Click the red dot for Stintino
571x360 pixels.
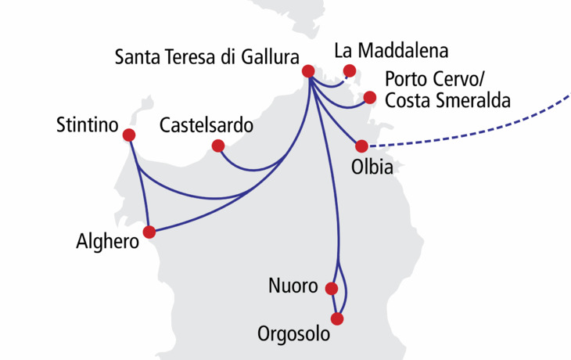click(x=129, y=135)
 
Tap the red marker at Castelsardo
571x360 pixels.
click(x=218, y=146)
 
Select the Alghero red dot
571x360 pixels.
click(x=150, y=232)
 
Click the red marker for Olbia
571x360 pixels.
click(x=361, y=146)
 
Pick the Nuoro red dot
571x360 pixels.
click(x=334, y=287)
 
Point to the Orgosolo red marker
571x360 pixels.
click(x=337, y=319)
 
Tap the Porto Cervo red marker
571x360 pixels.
click(x=370, y=98)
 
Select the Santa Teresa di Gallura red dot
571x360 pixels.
click(x=309, y=72)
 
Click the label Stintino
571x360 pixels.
click(x=87, y=125)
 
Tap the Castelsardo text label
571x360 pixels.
click(x=206, y=125)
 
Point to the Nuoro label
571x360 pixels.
click(x=292, y=287)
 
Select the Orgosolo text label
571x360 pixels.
click(x=294, y=334)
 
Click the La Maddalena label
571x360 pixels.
click(x=391, y=52)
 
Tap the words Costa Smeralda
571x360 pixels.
click(x=448, y=101)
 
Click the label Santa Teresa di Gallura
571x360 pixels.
click(x=206, y=57)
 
